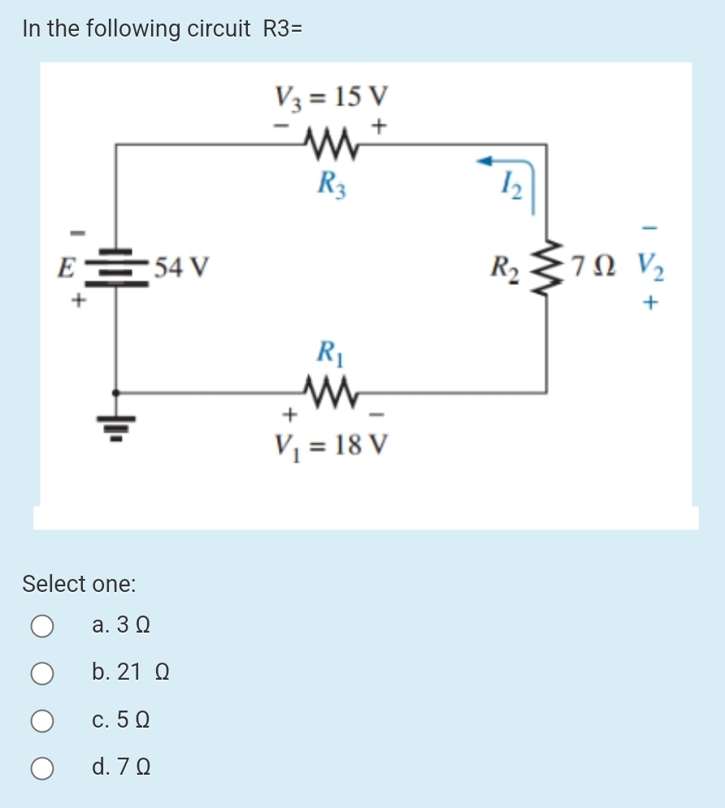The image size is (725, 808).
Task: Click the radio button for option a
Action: pyautogui.click(x=43, y=625)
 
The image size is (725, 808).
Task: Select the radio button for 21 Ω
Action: pyautogui.click(x=43, y=672)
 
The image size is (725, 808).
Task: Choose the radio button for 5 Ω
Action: pyautogui.click(x=43, y=720)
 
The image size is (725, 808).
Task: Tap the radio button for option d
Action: pyautogui.click(x=43, y=767)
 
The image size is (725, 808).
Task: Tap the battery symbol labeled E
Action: pyautogui.click(x=115, y=265)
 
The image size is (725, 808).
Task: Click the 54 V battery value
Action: pyautogui.click(x=182, y=266)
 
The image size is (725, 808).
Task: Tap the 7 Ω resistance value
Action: pyautogui.click(x=596, y=265)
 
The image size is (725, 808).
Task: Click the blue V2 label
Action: pyautogui.click(x=651, y=265)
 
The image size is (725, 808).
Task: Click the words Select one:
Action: pyautogui.click(x=79, y=583)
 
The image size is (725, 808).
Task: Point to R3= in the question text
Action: pyautogui.click(x=283, y=29)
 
